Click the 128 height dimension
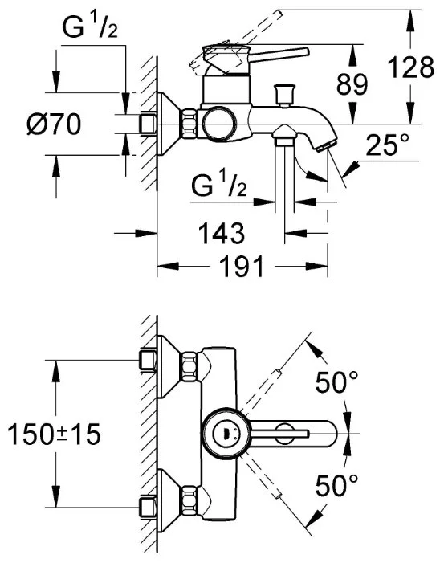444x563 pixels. [x=411, y=67]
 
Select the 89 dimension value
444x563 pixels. [x=352, y=85]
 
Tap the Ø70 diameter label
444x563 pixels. [x=55, y=124]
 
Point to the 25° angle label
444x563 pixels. [x=388, y=145]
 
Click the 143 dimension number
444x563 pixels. [x=222, y=233]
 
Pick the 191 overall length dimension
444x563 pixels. [x=242, y=267]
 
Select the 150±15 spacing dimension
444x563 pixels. [x=54, y=434]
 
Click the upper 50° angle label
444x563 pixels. [x=336, y=382]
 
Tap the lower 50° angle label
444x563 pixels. [x=336, y=485]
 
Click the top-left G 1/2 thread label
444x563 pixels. [x=90, y=27]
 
